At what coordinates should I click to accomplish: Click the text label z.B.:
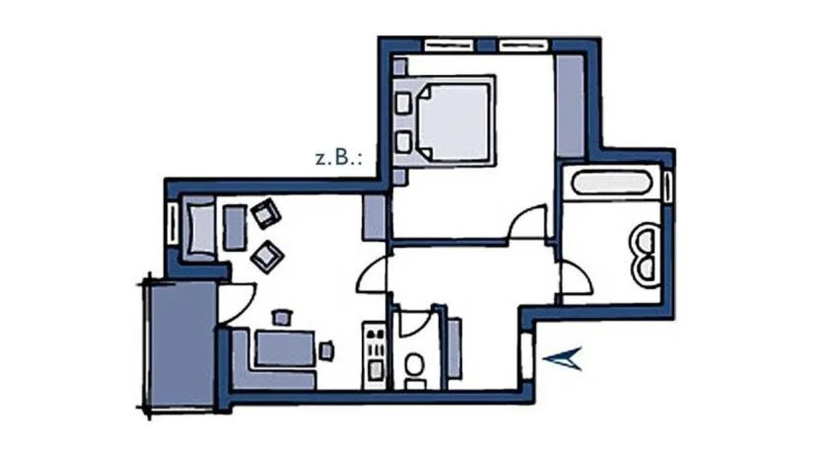point(338,158)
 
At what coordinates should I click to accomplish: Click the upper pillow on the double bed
point(403,103)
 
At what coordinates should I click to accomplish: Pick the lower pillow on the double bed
point(403,142)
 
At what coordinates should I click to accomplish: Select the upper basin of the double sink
point(645,238)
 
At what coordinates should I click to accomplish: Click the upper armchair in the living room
point(265,214)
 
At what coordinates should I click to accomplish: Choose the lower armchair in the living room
point(267,256)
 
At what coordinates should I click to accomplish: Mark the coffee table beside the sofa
point(235,227)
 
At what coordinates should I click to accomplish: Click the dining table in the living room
point(285,348)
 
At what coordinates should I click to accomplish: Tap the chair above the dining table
point(282,317)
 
